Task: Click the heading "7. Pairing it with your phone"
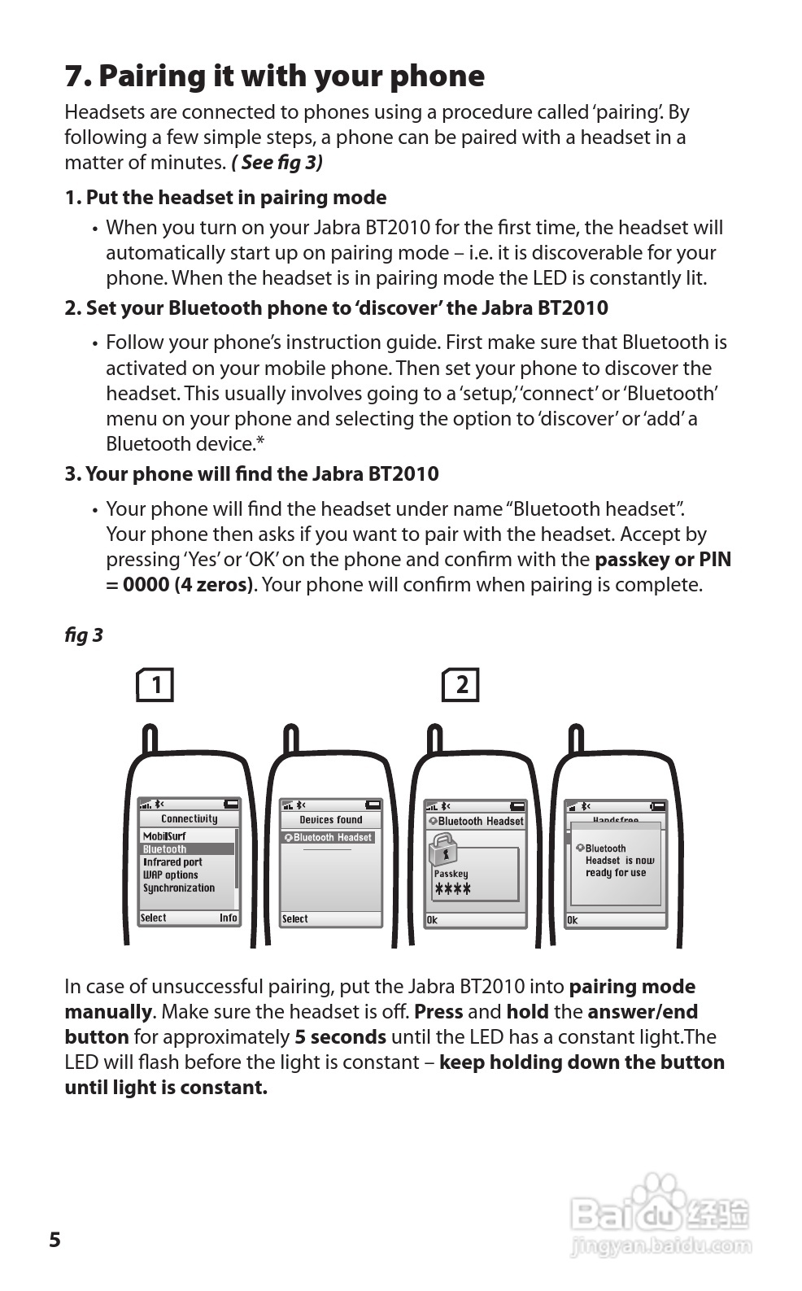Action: (274, 76)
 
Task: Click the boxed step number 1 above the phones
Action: (155, 685)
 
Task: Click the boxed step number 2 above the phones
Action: (460, 685)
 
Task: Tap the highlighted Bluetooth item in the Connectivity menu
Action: (165, 849)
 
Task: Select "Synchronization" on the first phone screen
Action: (179, 888)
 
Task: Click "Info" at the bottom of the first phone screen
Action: (228, 918)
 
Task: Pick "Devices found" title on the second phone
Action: (331, 820)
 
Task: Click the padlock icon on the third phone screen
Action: (443, 852)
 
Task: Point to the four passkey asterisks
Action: (453, 889)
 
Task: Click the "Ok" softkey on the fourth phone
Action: (573, 920)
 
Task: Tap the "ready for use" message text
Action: (616, 873)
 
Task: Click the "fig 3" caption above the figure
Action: (84, 635)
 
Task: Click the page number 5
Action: (54, 1240)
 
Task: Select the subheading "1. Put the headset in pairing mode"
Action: (225, 198)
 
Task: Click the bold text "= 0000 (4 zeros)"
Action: (179, 585)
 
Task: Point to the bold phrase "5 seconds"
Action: (340, 1037)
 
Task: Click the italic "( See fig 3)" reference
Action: (277, 163)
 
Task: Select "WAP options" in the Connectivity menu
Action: (171, 875)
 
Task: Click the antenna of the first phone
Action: (150, 740)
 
